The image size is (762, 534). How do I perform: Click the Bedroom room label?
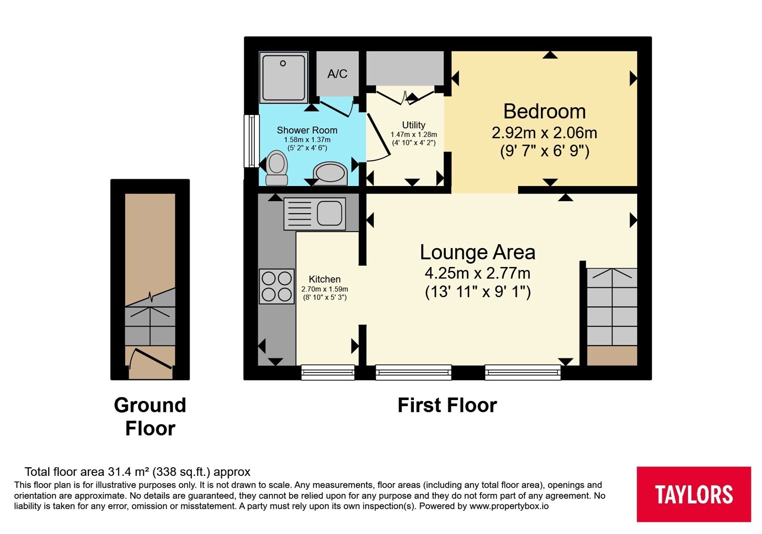pos(544,112)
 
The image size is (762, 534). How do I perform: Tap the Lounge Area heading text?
pos(478,252)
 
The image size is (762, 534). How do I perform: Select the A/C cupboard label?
pos(338,73)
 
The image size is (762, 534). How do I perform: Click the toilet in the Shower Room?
pos(277,168)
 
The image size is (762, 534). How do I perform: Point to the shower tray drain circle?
pos(283,63)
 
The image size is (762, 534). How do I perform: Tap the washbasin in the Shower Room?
pos(330,174)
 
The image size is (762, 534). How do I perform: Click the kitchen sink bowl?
pos(329,214)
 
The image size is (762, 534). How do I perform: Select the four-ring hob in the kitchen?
pos(277,287)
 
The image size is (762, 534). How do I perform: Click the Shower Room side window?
pos(252,141)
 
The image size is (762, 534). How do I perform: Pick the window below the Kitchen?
pos(328,372)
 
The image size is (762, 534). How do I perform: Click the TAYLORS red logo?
pos(693,494)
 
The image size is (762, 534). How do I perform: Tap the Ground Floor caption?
pos(150,417)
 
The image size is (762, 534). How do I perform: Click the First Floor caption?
pos(447,405)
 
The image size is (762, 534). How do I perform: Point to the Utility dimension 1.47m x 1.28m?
pos(414,134)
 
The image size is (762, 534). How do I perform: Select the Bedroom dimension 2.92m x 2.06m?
pos(544,133)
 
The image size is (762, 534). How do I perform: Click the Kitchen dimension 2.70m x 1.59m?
pos(324,289)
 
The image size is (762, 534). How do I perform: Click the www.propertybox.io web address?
pos(509,506)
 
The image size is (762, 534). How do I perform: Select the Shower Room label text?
pos(307,130)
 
